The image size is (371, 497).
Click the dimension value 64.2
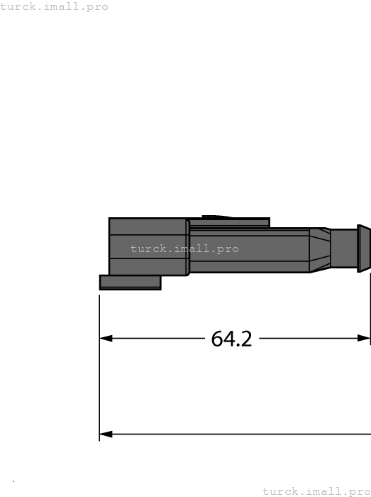[x=231, y=339]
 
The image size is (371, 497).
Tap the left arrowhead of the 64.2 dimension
[x=106, y=339]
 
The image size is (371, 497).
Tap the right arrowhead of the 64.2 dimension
[x=364, y=339]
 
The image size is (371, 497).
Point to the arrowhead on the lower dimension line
[x=106, y=434]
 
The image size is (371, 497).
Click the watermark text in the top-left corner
[x=55, y=7]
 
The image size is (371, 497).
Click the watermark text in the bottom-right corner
[x=316, y=491]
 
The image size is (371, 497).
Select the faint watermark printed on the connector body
[x=184, y=249]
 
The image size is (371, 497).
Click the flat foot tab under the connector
[x=130, y=283]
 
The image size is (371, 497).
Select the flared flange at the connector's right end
[x=363, y=248]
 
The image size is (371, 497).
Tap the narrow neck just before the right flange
[x=344, y=248]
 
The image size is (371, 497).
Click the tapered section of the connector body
[x=319, y=250]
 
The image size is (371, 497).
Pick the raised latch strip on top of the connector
[x=229, y=223]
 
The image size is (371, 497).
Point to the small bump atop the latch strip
[x=216, y=217]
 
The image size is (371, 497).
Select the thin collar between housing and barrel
[x=187, y=247]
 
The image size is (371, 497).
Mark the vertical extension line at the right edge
[x=370, y=312]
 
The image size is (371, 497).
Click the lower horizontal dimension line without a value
[x=234, y=434]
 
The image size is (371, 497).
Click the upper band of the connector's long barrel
[x=248, y=232]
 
